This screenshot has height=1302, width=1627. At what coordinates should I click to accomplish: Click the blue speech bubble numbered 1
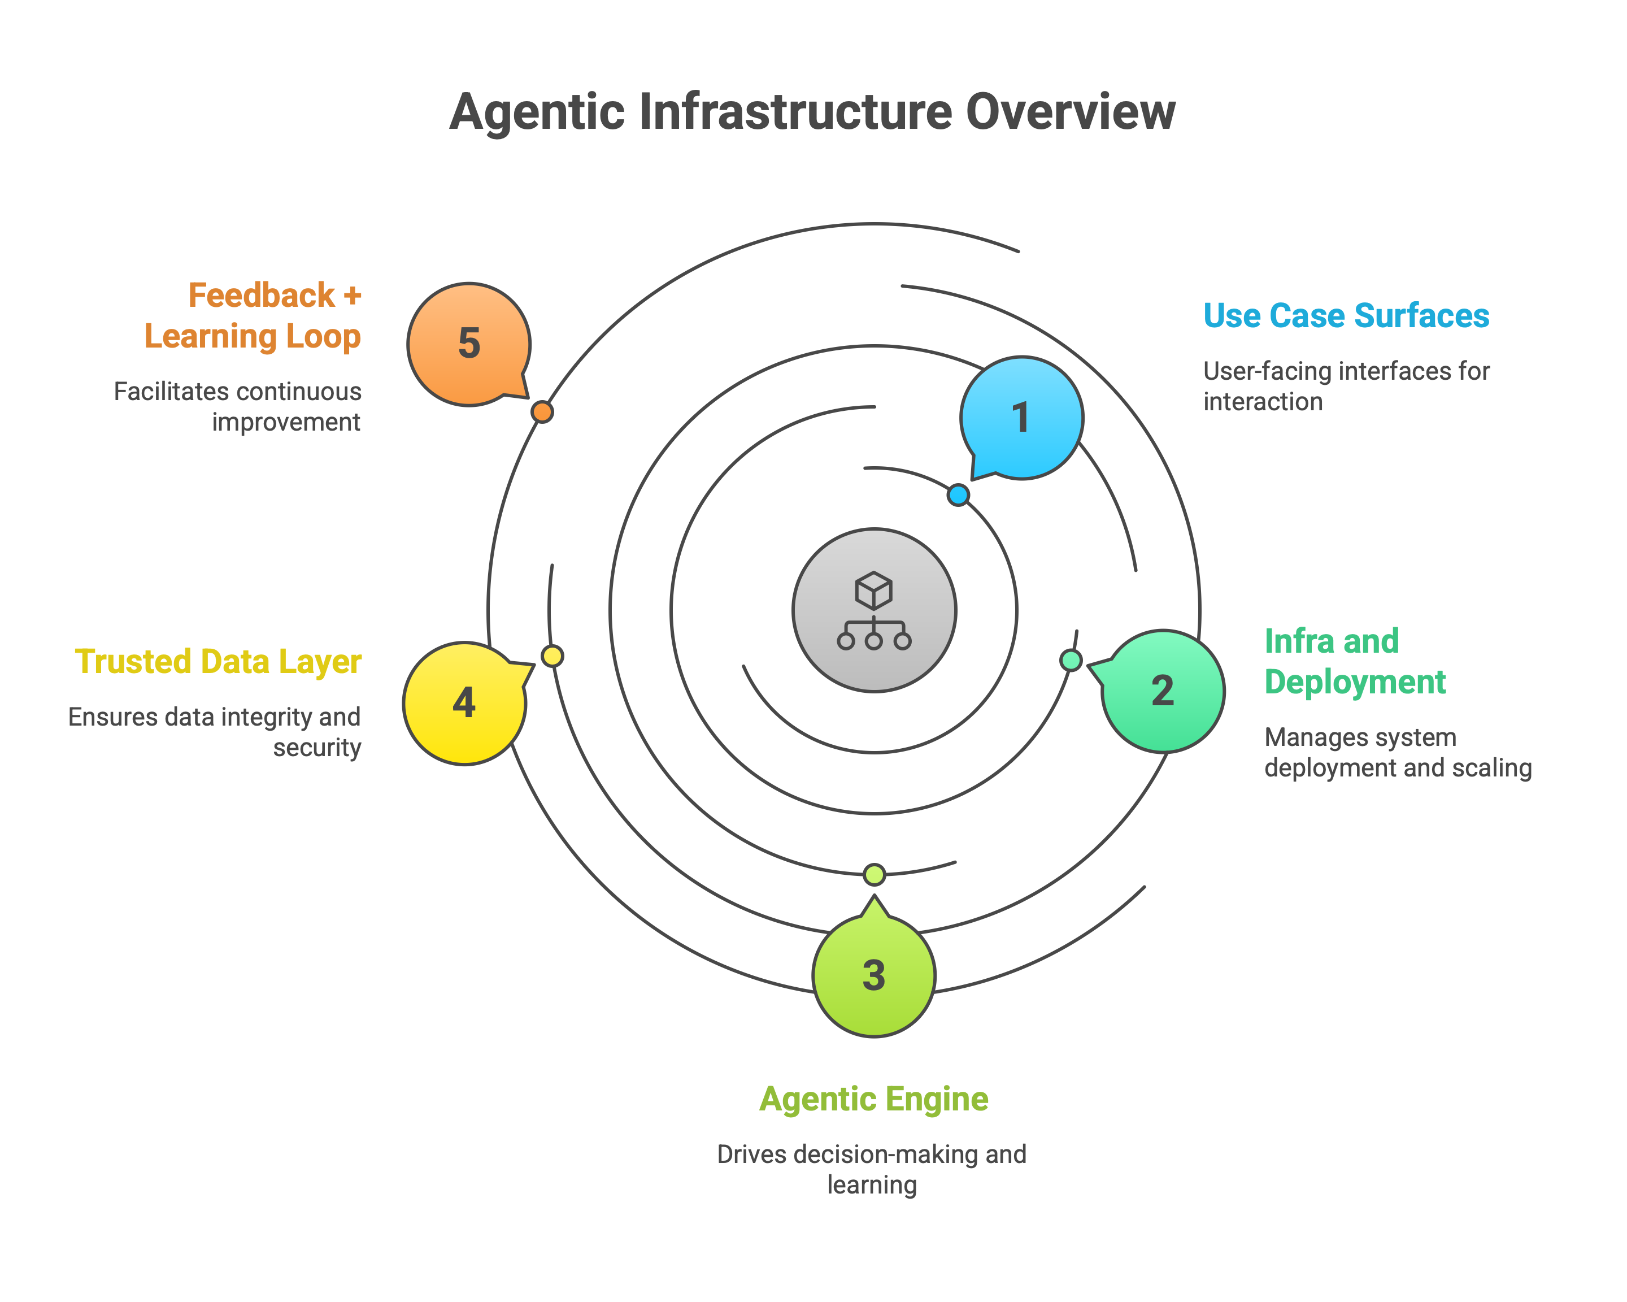click(1022, 418)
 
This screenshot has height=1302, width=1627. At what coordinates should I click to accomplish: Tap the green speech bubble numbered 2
click(1163, 691)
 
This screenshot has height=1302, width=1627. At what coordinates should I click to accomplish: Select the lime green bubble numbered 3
click(874, 976)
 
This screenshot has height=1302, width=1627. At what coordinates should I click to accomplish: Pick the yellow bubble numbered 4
click(464, 702)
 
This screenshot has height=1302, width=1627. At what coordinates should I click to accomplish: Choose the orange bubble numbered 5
click(469, 344)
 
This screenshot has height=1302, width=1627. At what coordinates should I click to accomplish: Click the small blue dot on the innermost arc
click(958, 495)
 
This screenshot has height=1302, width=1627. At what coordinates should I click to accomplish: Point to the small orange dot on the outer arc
click(542, 412)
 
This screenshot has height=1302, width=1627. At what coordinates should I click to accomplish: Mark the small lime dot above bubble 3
click(874, 874)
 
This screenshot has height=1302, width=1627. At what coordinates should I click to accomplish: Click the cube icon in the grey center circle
click(874, 590)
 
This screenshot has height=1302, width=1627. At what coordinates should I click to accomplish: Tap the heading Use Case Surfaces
click(1346, 315)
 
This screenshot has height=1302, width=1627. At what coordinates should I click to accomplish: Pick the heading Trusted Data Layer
click(218, 661)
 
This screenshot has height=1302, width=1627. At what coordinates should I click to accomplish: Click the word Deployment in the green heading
click(1355, 682)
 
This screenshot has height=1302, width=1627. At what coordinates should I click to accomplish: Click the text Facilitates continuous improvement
click(238, 407)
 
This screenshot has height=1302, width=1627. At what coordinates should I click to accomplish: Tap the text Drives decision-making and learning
click(872, 1169)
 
